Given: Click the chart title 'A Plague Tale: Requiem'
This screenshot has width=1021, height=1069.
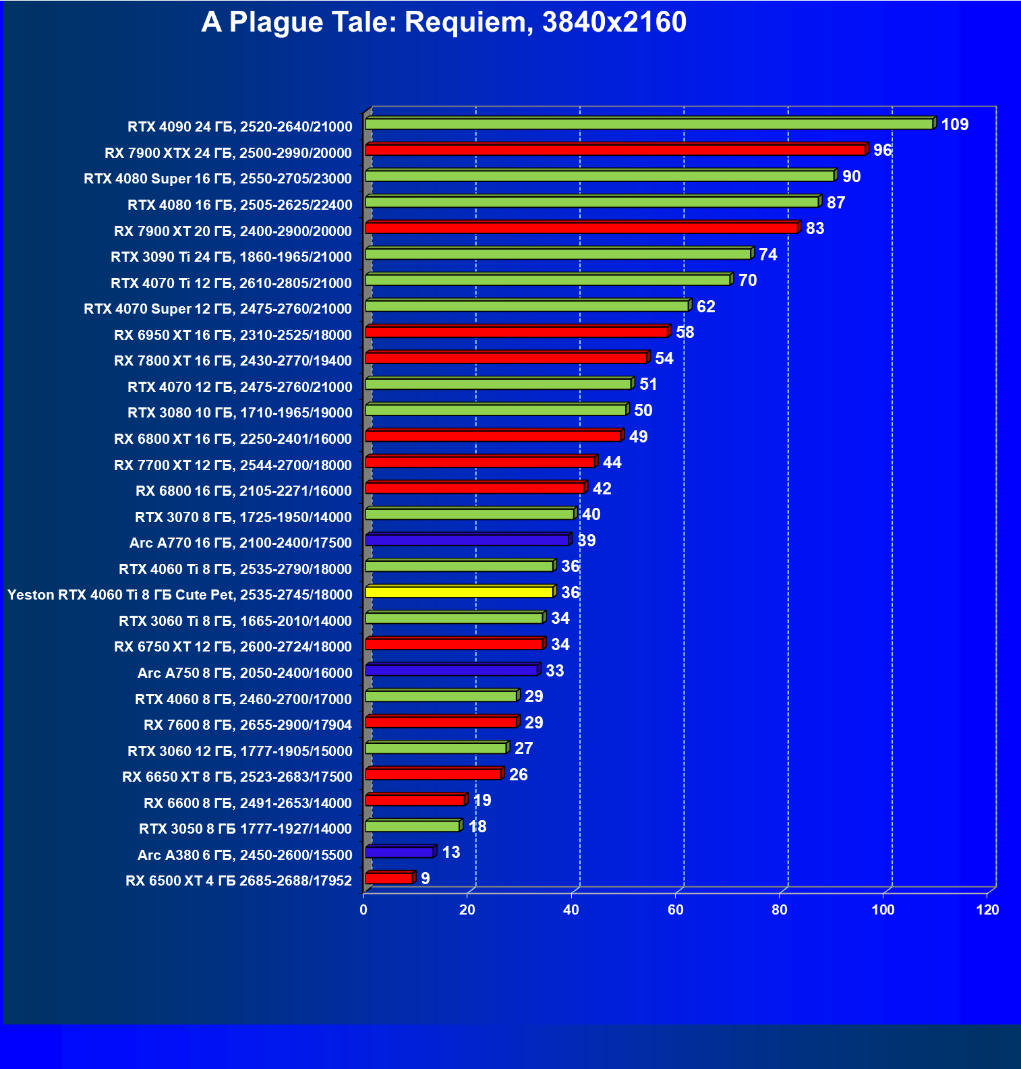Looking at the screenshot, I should [x=444, y=22].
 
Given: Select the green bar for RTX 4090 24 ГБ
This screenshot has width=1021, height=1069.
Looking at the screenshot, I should [x=649, y=124].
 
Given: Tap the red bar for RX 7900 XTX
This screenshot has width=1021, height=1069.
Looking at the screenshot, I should [x=615, y=150].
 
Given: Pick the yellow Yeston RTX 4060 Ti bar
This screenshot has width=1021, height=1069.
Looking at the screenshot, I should [x=459, y=592].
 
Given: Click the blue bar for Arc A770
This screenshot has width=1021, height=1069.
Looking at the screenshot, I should [x=467, y=540].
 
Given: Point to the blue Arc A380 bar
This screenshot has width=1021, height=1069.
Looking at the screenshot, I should [x=399, y=853].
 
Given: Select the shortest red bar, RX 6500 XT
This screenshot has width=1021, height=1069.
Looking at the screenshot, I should [x=389, y=878].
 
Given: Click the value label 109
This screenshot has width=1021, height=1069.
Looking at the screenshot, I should [x=954, y=125].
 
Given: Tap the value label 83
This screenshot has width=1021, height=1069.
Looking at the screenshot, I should [x=815, y=229].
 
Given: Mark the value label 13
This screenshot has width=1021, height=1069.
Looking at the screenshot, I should [x=450, y=853].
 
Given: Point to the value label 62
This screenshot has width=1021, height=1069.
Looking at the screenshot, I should [x=705, y=307].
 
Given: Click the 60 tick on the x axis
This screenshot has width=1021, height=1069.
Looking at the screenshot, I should [x=675, y=910].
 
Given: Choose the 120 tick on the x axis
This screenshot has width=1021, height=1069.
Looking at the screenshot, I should [x=987, y=910].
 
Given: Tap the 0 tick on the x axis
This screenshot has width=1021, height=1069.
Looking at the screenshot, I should [x=363, y=910].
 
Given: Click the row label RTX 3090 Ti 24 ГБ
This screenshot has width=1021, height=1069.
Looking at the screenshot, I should [x=231, y=257].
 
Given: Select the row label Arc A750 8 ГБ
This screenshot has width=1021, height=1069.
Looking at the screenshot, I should [x=245, y=673].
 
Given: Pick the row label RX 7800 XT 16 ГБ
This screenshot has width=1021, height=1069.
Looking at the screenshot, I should [x=233, y=361].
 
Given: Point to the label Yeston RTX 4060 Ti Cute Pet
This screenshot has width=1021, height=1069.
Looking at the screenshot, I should [x=179, y=595].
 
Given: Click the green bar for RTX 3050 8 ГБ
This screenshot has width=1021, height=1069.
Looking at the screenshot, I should [x=413, y=826].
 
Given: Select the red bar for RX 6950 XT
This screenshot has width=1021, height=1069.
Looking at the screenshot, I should [x=517, y=332].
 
